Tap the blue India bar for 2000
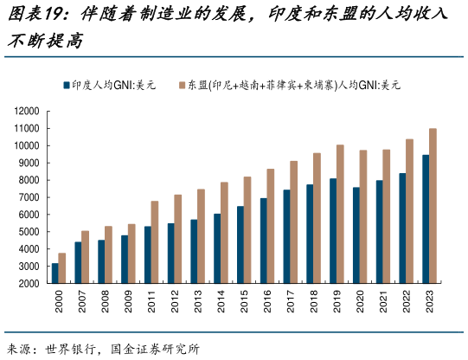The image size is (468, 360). [55, 273]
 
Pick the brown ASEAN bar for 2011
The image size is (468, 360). [155, 242]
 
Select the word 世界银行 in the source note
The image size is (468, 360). [77, 349]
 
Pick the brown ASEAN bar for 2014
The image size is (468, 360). [224, 233]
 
